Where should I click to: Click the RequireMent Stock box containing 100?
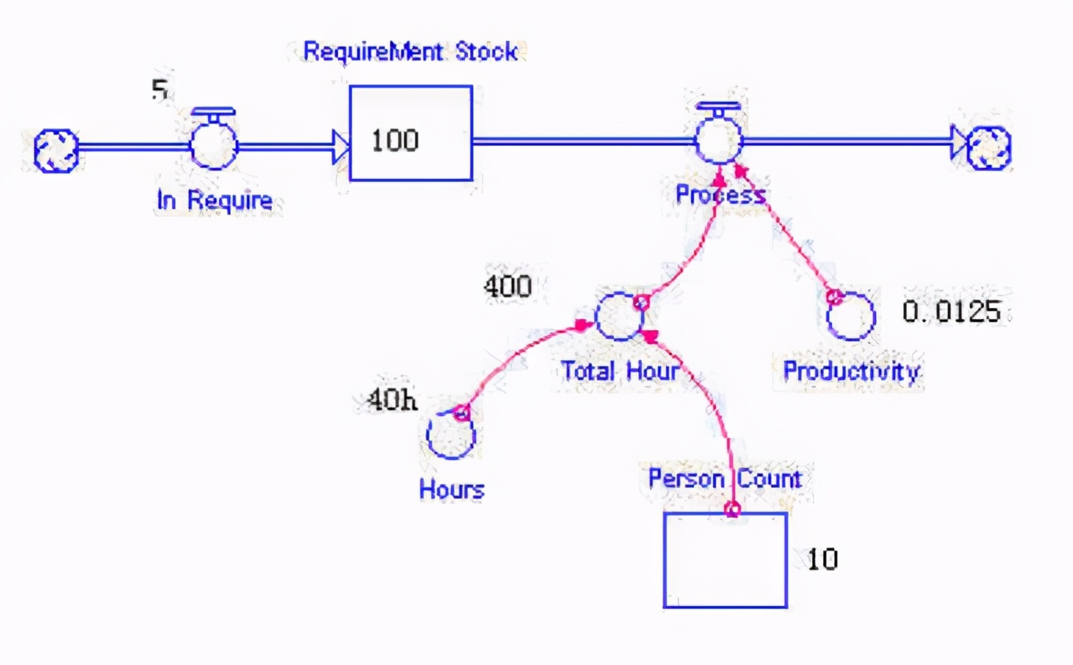point(410,133)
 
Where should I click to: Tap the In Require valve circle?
point(213,145)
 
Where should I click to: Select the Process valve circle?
point(718,141)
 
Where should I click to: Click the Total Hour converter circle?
point(619,317)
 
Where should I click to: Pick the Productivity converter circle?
point(851,316)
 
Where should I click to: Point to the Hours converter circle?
point(451,434)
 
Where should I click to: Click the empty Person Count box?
point(725,560)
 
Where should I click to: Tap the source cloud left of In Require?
point(57,150)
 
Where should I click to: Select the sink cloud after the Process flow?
point(989,147)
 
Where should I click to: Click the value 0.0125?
point(951,312)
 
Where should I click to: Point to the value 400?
point(507,287)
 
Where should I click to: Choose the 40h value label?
point(392,400)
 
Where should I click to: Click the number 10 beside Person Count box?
point(822,559)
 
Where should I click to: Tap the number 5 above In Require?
point(160,91)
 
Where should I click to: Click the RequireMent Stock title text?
point(410,52)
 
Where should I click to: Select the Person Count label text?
point(724,478)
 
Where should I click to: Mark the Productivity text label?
point(851,371)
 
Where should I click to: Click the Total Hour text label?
point(619,370)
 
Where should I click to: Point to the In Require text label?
point(214,200)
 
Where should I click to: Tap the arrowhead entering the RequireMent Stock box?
point(341,147)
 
